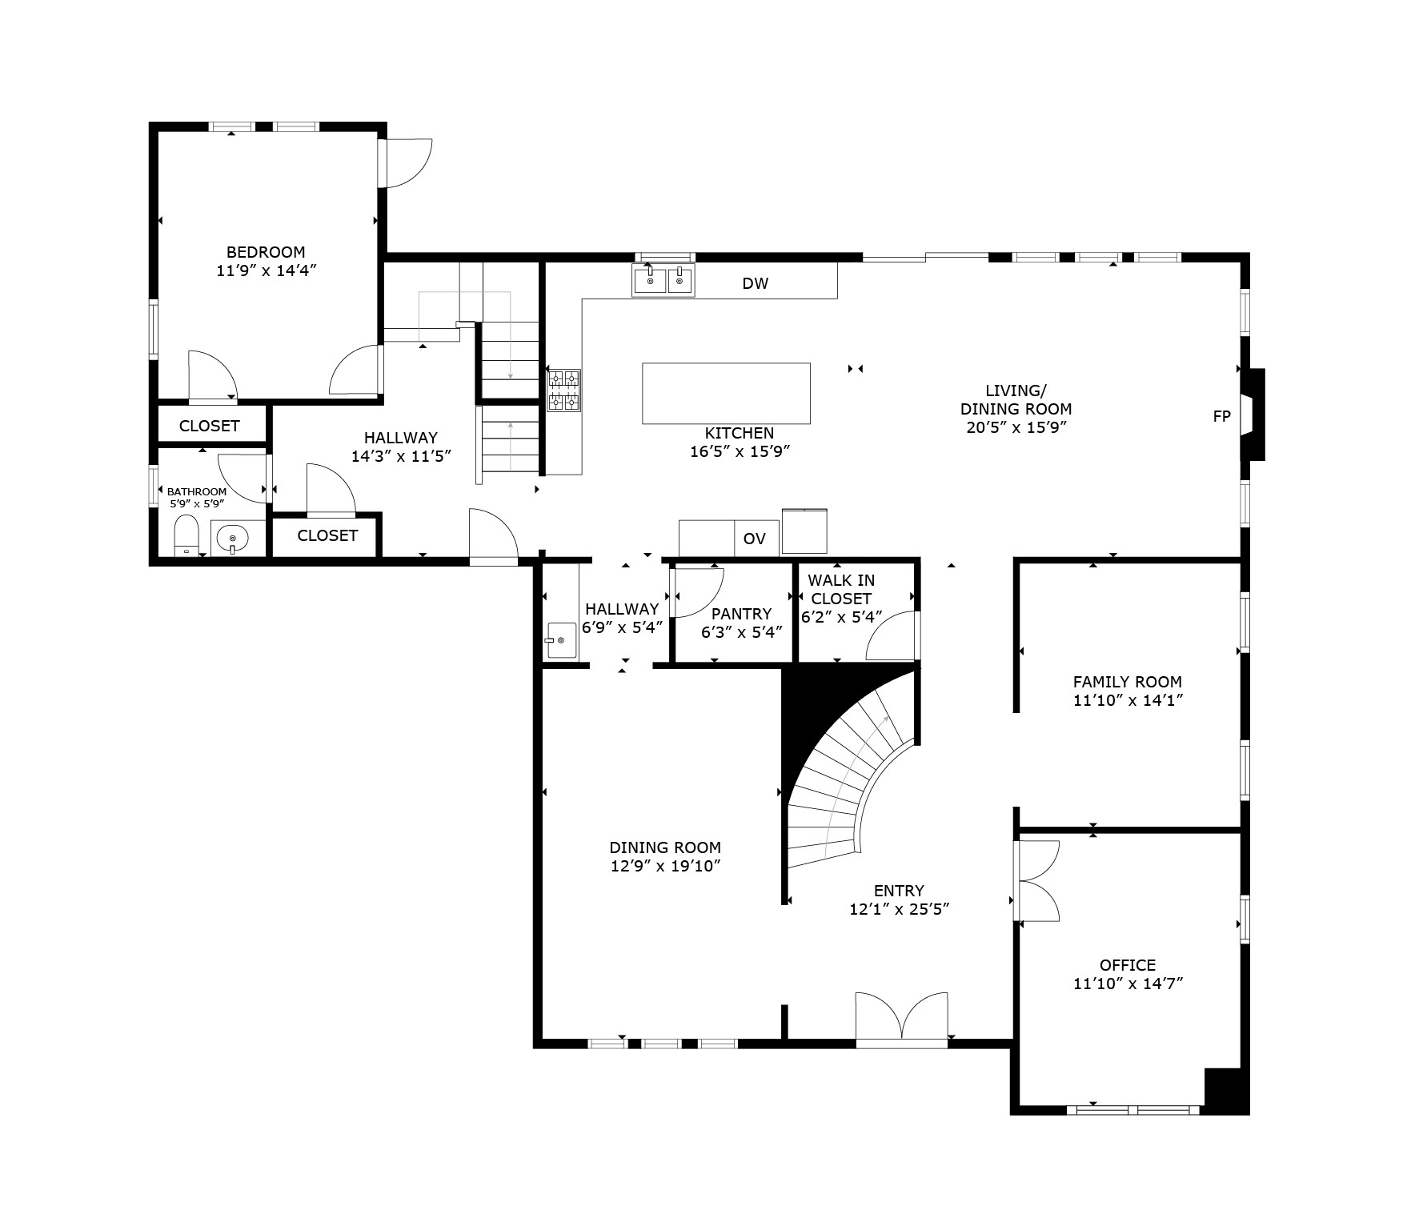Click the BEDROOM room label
pos(266,252)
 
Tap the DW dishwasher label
pos(755,283)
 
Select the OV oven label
pos(754,539)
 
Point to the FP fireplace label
pos(1221,416)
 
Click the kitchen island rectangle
pos(726,393)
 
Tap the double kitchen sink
pos(663,281)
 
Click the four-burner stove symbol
pos(563,390)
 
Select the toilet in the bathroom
pos(186,535)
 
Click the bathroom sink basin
pos(232,537)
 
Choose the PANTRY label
pos(741,614)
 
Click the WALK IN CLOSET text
pos(841,589)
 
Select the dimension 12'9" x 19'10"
pos(665,866)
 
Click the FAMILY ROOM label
pos(1127,682)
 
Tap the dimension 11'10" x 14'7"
pos(1128,984)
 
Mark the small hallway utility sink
pos(561,640)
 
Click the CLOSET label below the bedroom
pos(209,426)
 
